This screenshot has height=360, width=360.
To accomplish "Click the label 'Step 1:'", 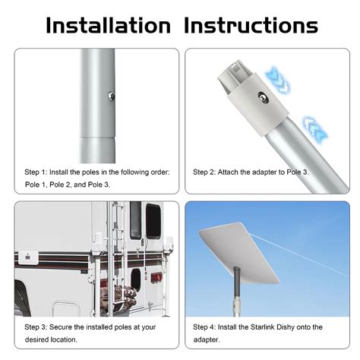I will coord(38,172).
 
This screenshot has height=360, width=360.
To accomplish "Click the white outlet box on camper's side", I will coord(31,257).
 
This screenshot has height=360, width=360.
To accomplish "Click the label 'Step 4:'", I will coord(207,327).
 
